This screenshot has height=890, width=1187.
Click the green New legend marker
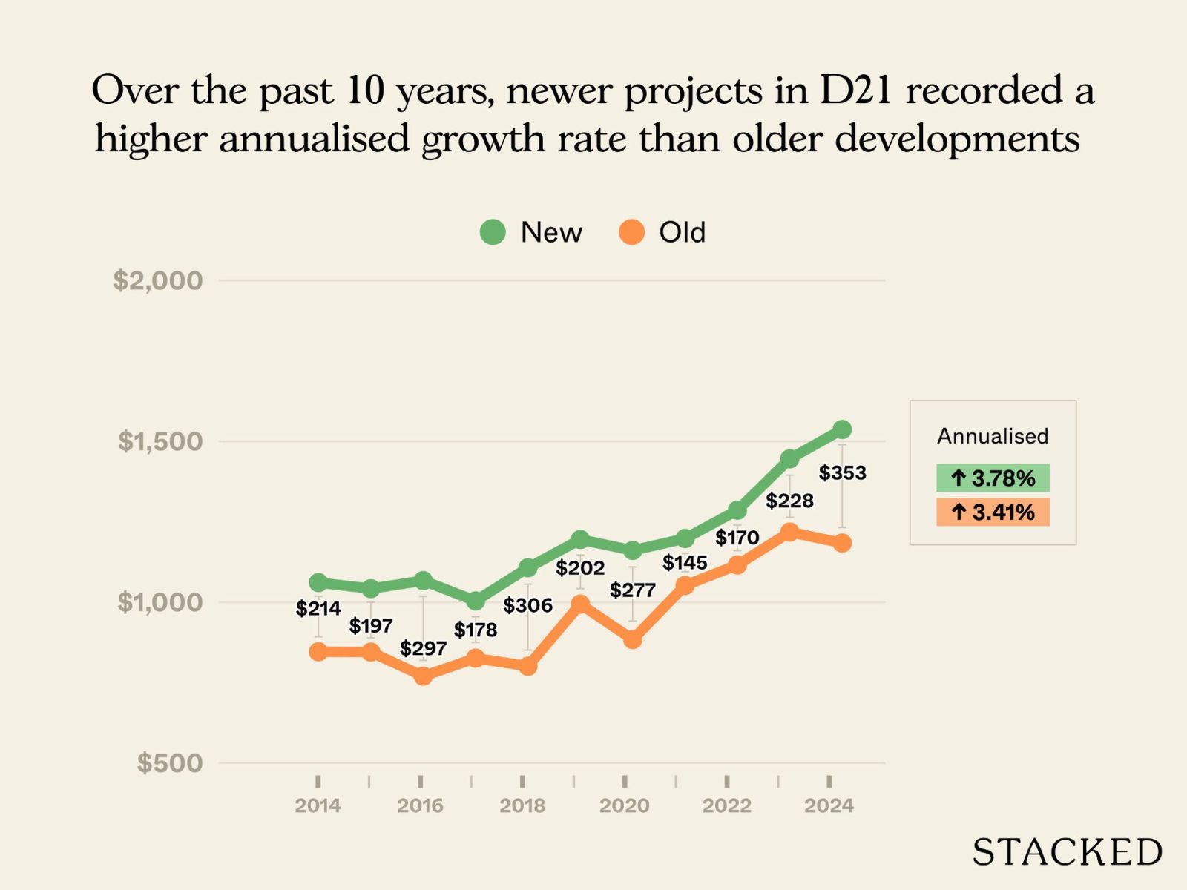pyautogui.click(x=493, y=232)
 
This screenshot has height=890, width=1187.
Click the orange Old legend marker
pyautogui.click(x=631, y=232)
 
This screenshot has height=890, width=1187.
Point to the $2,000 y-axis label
pyautogui.click(x=157, y=280)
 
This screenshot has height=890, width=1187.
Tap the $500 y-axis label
pyautogui.click(x=169, y=762)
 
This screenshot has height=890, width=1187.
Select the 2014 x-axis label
pyautogui.click(x=318, y=805)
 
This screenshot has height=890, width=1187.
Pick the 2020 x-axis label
pyautogui.click(x=625, y=805)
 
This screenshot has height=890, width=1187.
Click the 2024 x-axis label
pyautogui.click(x=829, y=805)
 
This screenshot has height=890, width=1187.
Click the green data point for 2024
pyautogui.click(x=842, y=429)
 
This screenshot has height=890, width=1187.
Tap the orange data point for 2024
pyautogui.click(x=842, y=543)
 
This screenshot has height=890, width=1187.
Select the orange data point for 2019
pyautogui.click(x=580, y=604)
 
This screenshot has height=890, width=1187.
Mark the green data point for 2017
pyautogui.click(x=476, y=601)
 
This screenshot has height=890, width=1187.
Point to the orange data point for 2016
pyautogui.click(x=423, y=676)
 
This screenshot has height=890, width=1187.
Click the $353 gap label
pyautogui.click(x=842, y=472)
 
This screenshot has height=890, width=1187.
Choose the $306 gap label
pyautogui.click(x=527, y=605)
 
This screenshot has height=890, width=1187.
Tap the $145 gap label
pyautogui.click(x=684, y=563)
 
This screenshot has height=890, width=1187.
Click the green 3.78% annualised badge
pyautogui.click(x=993, y=478)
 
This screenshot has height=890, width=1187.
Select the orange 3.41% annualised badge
pyautogui.click(x=993, y=512)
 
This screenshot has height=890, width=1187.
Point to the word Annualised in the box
pyautogui.click(x=993, y=436)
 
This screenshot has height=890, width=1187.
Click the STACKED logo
pyautogui.click(x=1067, y=852)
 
